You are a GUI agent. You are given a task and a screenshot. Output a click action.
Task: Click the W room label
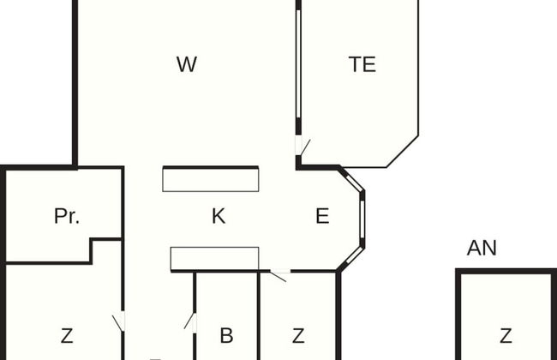coord(187,64)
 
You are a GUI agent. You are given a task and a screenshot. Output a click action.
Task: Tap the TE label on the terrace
coord(362,64)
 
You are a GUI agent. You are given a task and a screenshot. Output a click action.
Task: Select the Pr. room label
coord(67,216)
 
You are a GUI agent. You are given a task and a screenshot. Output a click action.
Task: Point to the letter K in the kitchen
coord(219,216)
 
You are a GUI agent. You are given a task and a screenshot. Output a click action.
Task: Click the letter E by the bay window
coord(322,216)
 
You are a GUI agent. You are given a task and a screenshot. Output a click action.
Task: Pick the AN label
coord(482,248)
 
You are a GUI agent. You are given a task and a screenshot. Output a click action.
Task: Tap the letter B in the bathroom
coord(226,335)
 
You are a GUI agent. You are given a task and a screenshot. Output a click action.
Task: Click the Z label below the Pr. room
coord(67,335)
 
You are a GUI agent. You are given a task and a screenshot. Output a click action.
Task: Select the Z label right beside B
coord(298,335)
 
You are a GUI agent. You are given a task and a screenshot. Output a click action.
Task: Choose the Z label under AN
coord(506,335)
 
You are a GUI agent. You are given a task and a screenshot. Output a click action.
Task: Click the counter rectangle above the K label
coord(211,179)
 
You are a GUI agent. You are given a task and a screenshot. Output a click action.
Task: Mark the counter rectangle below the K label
coord(214,259)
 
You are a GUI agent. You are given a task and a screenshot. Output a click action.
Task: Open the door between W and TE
coord(302,147)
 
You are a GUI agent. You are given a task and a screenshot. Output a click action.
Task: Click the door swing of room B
coord(190,321)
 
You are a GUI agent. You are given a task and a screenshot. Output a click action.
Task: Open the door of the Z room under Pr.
coord(118,322)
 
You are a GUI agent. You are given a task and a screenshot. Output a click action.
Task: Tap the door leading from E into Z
coord(279,276)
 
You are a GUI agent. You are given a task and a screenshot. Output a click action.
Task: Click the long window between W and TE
coord(298,64)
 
